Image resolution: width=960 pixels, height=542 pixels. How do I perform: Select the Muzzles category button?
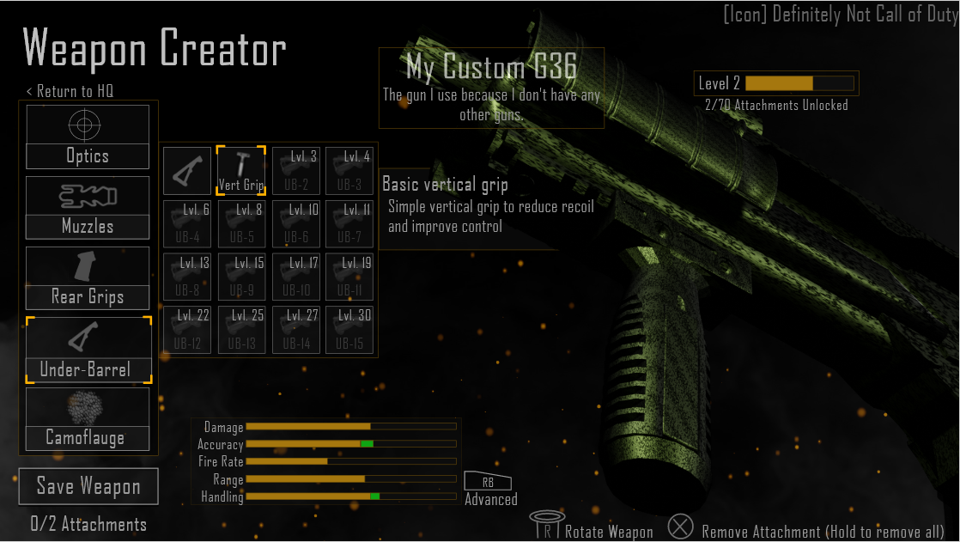coord(88,208)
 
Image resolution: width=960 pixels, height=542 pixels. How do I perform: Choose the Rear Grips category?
coord(88,278)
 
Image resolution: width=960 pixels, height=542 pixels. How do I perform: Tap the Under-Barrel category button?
coord(88,350)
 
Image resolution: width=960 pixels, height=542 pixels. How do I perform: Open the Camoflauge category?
coord(88,419)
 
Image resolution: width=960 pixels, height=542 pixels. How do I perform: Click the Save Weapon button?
coord(88,487)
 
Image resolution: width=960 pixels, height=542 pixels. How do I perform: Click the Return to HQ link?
coord(70,91)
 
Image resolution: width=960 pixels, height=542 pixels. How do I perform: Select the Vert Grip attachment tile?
coord(240,170)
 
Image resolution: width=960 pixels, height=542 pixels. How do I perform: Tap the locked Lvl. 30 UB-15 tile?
coord(349,330)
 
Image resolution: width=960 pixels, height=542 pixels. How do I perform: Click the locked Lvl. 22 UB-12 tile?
coord(187,330)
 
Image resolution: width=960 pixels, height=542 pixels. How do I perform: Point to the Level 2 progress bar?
coord(799,83)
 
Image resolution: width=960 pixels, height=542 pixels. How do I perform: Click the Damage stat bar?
coord(350,427)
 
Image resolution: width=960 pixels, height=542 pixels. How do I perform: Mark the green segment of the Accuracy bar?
coord(367,444)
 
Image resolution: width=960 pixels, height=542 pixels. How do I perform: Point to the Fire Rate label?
coord(221,462)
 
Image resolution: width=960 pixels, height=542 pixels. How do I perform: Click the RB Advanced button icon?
coord(488,483)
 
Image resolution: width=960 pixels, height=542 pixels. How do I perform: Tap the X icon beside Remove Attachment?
coord(681,527)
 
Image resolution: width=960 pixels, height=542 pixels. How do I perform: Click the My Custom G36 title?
coord(490,67)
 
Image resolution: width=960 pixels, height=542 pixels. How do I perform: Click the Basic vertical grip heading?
coord(445,185)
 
